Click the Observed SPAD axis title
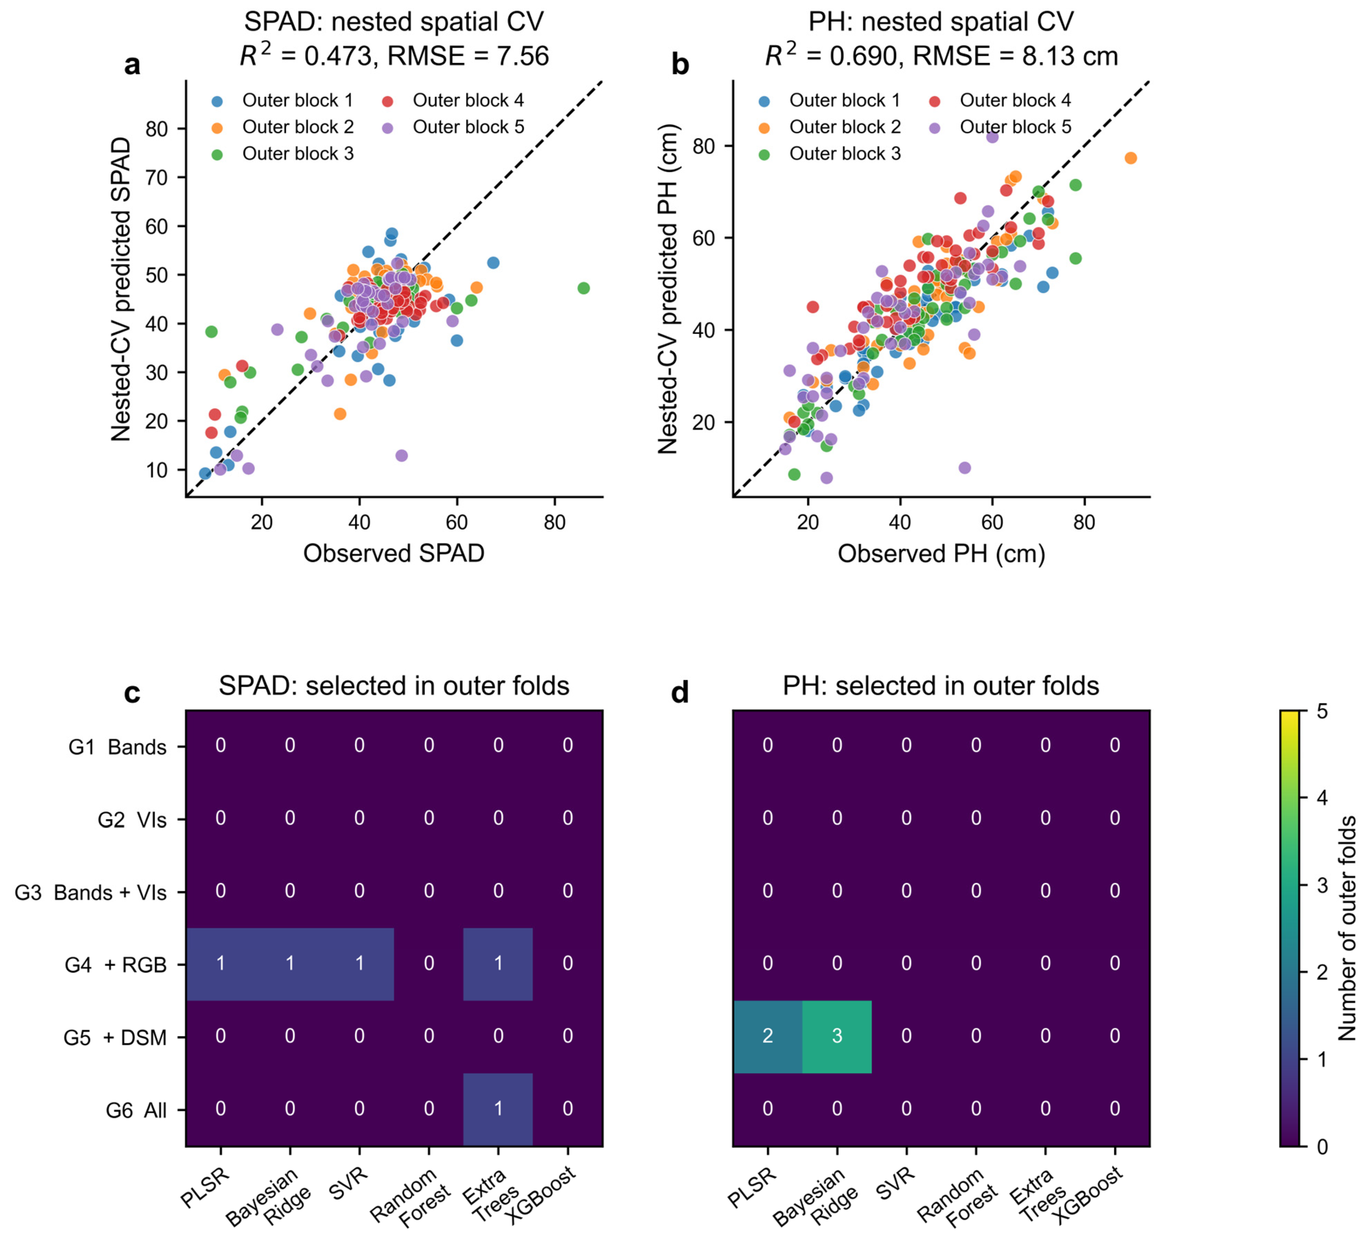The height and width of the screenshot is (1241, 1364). [x=394, y=553]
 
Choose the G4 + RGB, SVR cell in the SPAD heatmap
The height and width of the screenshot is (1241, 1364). [x=359, y=964]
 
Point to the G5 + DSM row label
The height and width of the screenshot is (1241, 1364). [x=115, y=1037]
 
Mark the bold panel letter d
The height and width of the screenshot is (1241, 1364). [x=679, y=693]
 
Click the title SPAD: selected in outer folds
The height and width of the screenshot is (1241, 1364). [x=394, y=686]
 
